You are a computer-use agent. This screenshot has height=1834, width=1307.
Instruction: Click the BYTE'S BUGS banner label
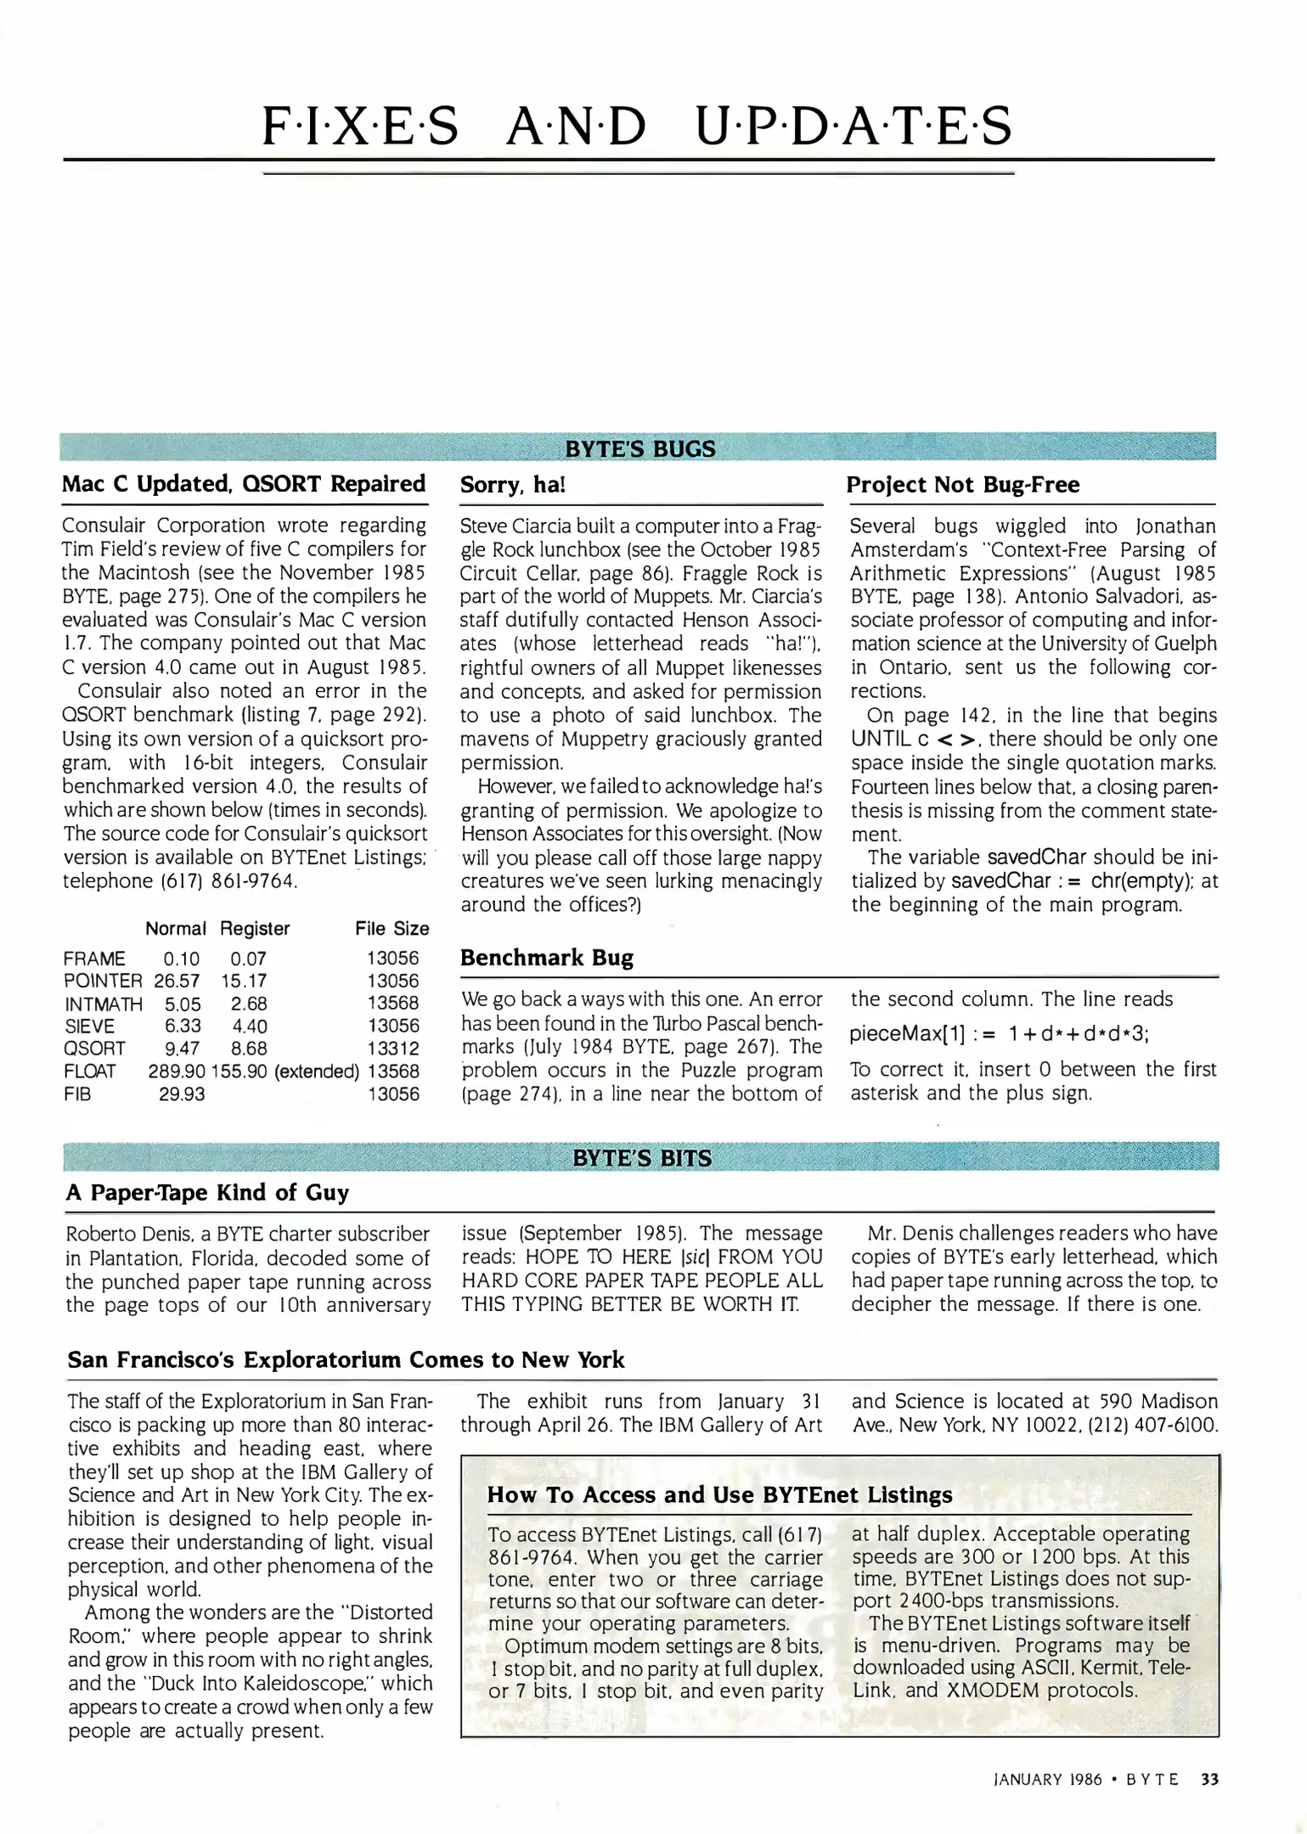point(639,448)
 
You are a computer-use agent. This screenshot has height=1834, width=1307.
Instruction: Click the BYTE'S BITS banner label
point(641,1158)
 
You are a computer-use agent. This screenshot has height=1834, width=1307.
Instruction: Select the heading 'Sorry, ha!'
point(512,485)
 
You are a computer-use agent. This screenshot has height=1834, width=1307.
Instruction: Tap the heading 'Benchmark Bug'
point(546,958)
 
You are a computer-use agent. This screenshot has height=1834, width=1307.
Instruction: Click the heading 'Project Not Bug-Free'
point(962,485)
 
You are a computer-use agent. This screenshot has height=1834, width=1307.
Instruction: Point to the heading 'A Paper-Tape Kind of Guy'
point(207,1193)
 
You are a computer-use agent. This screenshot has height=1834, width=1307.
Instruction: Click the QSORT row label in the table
point(94,1049)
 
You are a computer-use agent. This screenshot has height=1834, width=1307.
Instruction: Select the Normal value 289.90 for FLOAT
point(177,1072)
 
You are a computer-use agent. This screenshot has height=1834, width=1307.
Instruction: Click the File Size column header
point(392,929)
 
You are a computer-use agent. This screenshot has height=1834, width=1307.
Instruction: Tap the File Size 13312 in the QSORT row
point(392,1049)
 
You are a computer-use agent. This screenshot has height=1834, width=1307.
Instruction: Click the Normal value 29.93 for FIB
point(182,1094)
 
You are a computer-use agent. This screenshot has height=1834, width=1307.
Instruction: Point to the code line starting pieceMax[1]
point(999,1034)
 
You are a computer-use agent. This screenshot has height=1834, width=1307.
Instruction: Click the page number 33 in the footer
point(1209,1780)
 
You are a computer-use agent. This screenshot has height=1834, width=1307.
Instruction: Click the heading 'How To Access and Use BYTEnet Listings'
point(719,1495)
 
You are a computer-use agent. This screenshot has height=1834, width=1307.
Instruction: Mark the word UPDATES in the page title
point(853,126)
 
